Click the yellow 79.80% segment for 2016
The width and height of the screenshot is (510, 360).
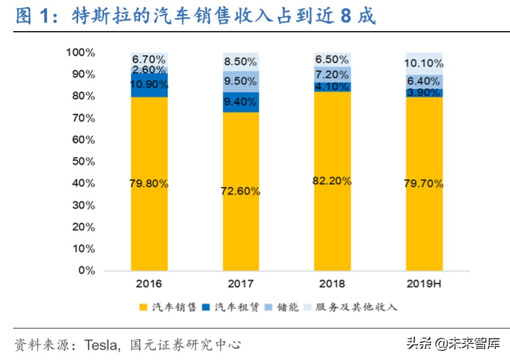(x=149, y=184)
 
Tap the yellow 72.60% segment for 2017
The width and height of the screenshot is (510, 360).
(x=240, y=191)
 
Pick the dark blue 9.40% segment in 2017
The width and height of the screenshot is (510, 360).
(x=240, y=102)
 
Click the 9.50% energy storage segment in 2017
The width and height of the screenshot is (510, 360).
(x=240, y=81)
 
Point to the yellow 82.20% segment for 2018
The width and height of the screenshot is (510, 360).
(x=332, y=181)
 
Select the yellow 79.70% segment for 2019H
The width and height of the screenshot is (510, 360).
(x=424, y=184)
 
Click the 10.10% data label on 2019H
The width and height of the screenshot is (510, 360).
(x=424, y=63)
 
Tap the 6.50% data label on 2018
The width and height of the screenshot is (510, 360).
(x=332, y=59)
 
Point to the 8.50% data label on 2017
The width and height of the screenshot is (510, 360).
(x=240, y=61)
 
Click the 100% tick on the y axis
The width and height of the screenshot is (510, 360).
(x=80, y=53)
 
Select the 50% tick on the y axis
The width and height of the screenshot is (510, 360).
(x=83, y=162)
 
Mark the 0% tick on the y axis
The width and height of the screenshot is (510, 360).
(x=86, y=270)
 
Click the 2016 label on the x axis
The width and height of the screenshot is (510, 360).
(x=149, y=284)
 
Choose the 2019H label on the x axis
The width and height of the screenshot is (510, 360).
(x=424, y=284)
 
